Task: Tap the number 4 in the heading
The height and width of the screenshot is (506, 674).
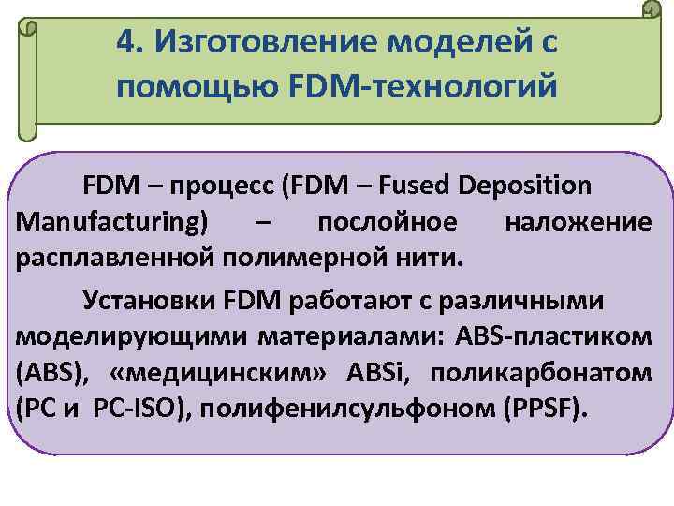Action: point(126,40)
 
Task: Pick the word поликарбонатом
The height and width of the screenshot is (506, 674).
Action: point(551,374)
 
